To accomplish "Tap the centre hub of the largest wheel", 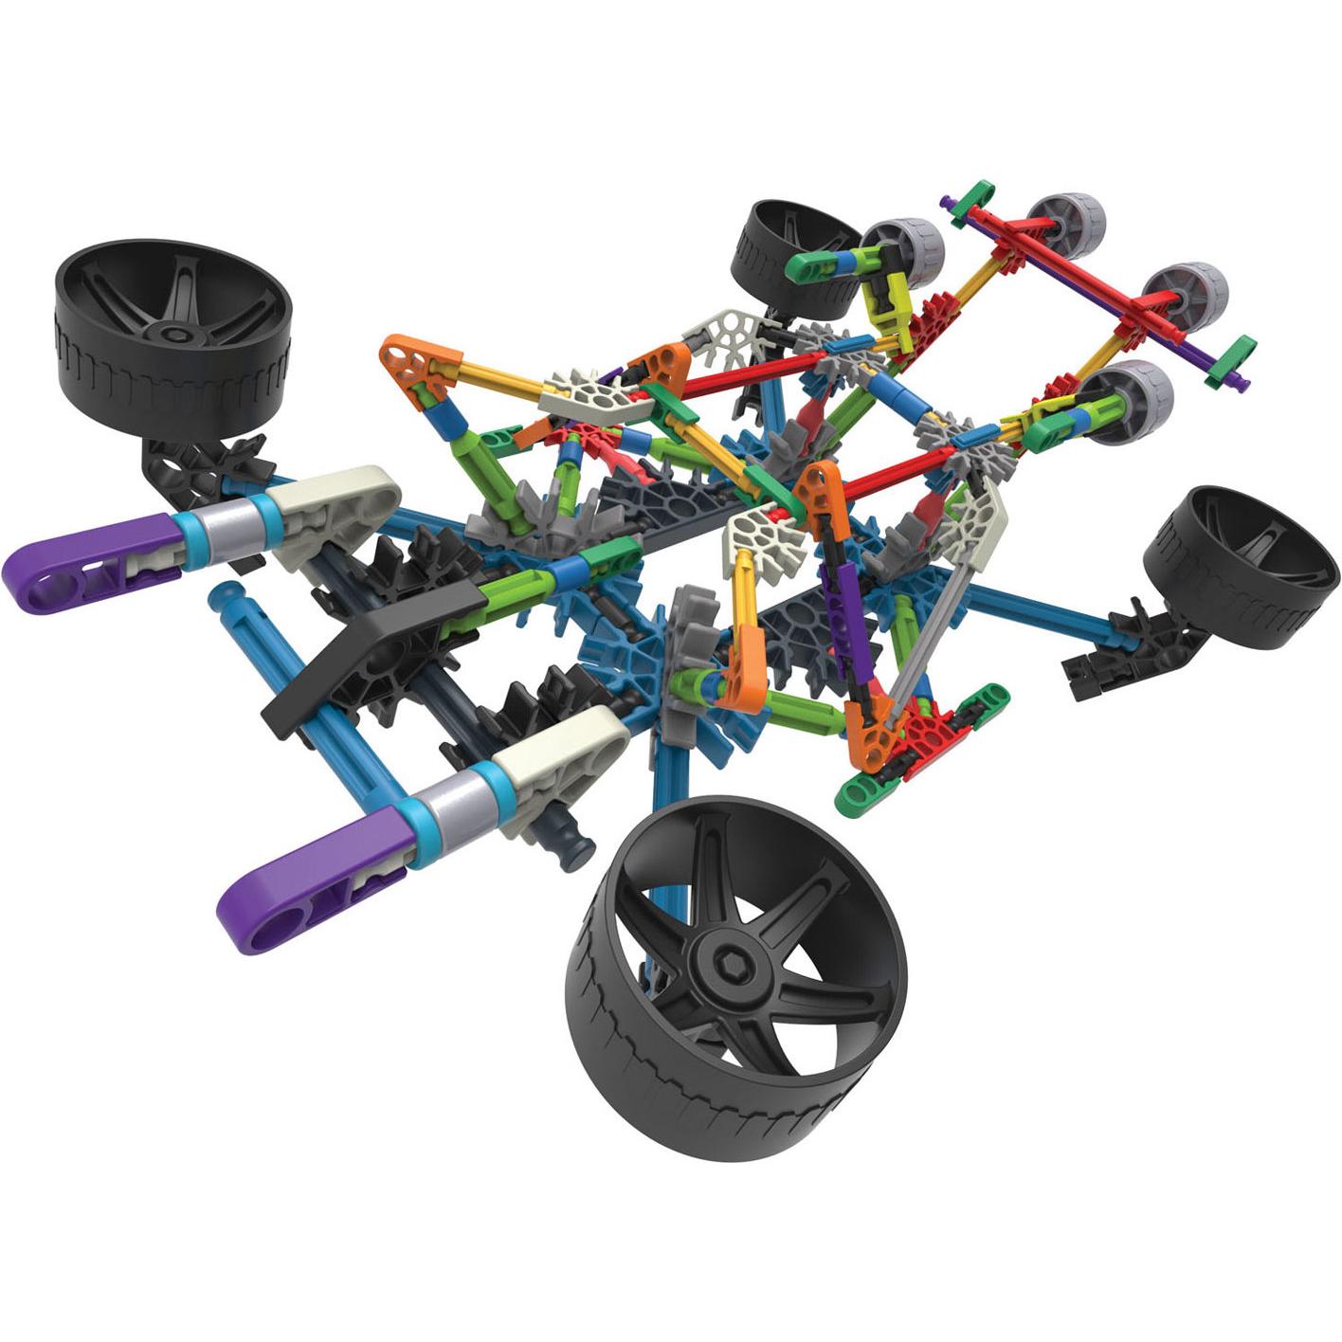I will tap(728, 953).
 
